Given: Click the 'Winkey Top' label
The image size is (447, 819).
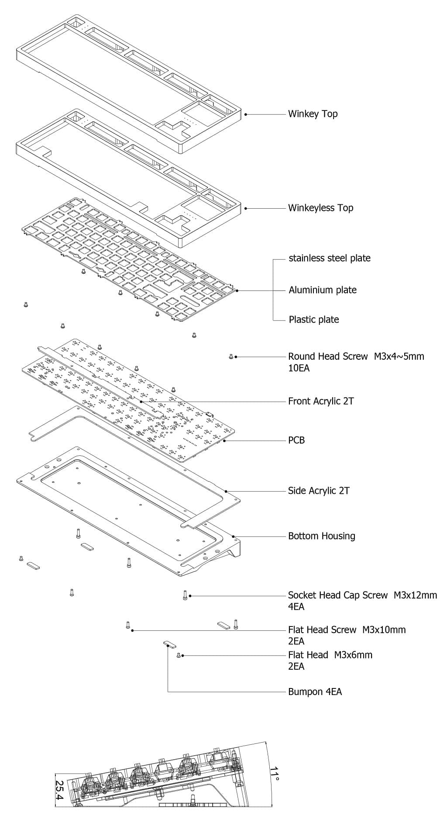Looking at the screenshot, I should point(313,114).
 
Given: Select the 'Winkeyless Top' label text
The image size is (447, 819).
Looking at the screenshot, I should point(320,208).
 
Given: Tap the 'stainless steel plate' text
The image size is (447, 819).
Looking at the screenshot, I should point(329,258).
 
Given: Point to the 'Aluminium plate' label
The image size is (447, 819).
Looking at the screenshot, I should point(322,290).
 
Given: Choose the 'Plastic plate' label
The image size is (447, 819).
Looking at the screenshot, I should point(313,320).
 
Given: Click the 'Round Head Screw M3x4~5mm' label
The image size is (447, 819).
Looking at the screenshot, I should point(356,356).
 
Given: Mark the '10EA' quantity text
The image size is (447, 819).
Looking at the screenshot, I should point(299,368).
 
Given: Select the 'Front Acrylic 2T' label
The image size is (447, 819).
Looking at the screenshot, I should point(321,401).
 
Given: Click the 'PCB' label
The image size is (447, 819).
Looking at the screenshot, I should point(296,440).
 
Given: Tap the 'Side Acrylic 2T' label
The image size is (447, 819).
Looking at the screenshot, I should point(319,491).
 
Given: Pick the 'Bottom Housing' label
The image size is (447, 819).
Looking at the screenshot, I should point(321,536).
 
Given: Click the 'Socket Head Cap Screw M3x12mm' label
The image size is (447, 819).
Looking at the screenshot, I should point(362,595).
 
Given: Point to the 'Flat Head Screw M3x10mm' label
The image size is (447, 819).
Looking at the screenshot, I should point(347,630).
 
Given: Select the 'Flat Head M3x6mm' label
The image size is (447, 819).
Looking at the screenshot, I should point(330,655).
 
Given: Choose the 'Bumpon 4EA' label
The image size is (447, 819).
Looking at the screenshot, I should point(315,692).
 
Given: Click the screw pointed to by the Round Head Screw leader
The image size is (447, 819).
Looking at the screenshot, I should point(231,357).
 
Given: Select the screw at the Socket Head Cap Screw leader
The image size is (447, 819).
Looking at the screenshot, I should point(185,595).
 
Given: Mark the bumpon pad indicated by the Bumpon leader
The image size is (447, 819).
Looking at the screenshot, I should point(168,643).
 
